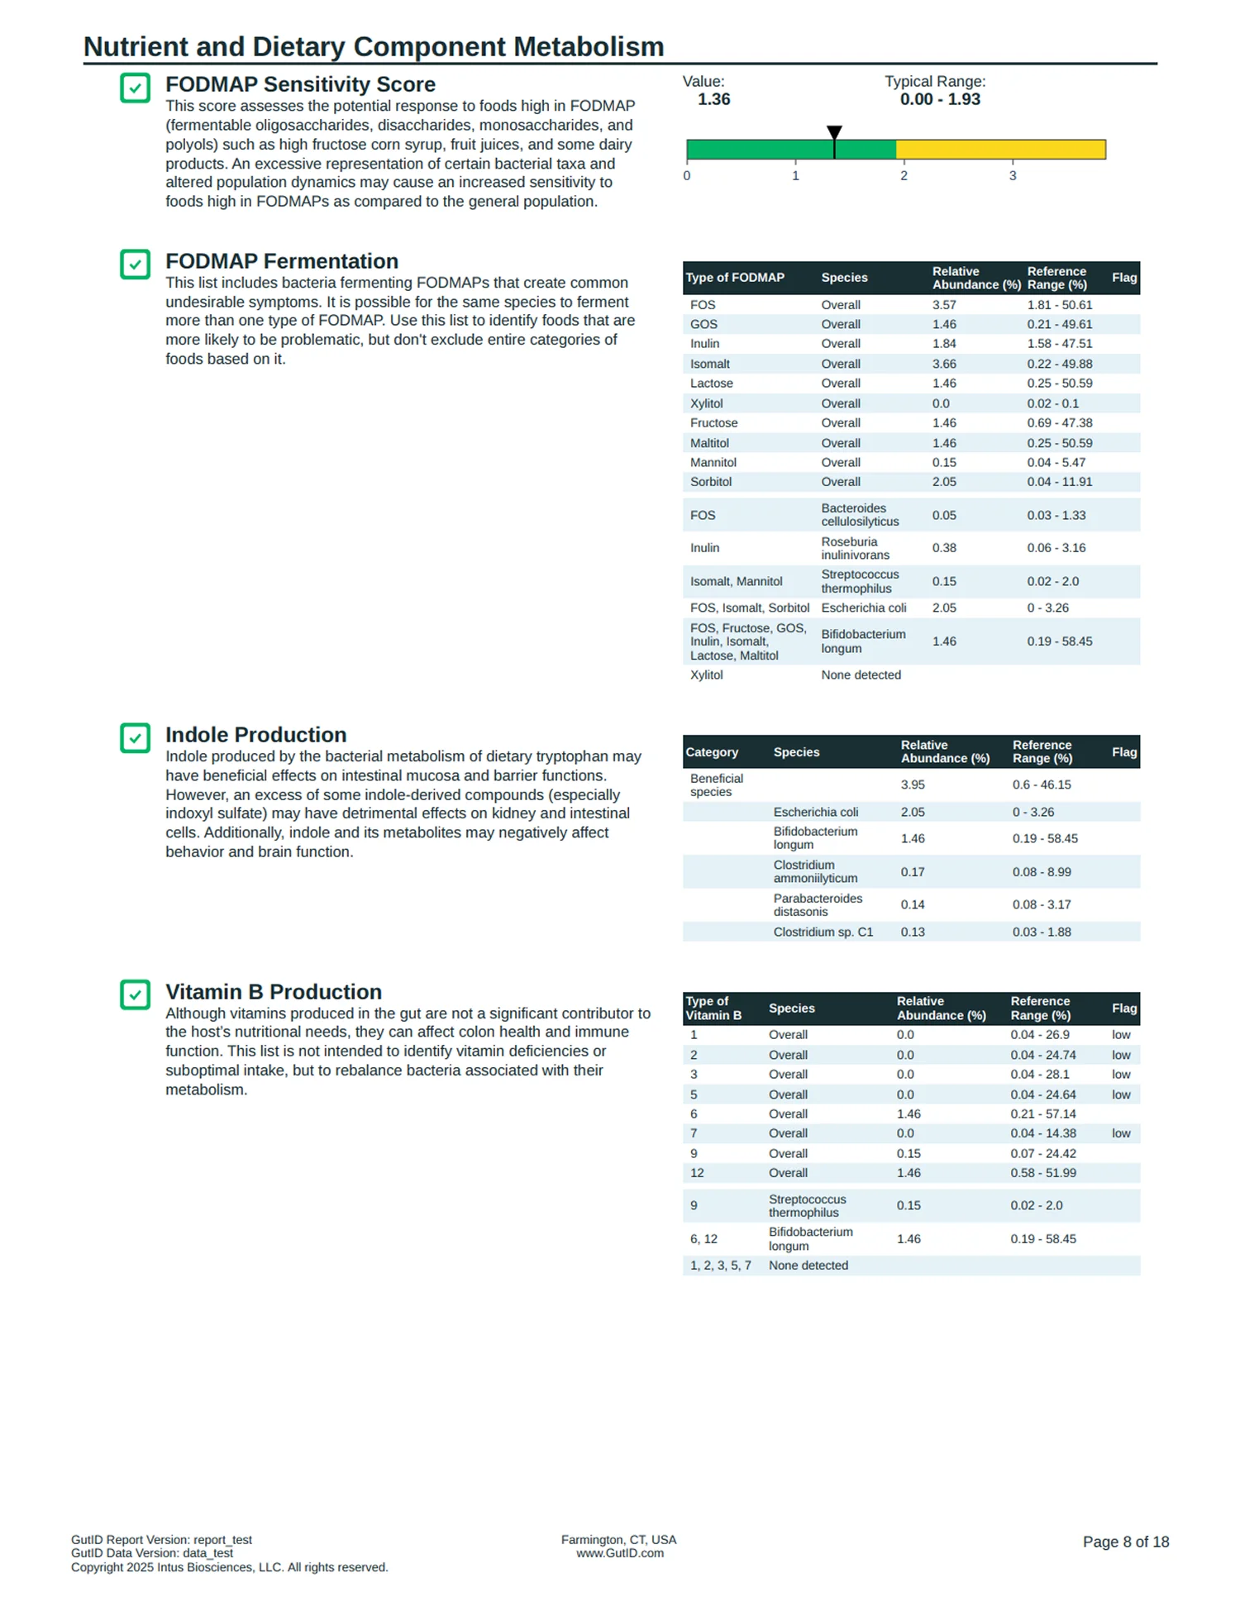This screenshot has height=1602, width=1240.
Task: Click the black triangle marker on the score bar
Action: (834, 132)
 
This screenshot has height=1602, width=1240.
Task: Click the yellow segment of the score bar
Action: (1000, 150)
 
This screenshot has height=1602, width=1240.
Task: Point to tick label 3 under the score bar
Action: (1013, 176)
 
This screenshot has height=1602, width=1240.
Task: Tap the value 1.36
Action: (713, 99)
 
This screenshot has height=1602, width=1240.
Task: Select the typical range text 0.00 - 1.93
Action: (940, 99)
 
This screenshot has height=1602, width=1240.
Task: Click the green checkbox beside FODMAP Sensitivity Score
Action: (136, 88)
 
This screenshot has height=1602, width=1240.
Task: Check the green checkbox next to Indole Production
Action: (136, 738)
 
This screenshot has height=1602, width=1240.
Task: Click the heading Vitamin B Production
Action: (273, 992)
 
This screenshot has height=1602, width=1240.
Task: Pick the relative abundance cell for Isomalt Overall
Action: (944, 364)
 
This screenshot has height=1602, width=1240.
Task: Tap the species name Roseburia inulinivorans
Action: (855, 548)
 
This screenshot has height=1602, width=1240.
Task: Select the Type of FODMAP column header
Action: (735, 278)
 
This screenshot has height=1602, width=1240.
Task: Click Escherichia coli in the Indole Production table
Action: (815, 812)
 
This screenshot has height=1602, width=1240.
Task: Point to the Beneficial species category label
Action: (716, 784)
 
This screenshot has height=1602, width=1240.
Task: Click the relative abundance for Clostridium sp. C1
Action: (913, 932)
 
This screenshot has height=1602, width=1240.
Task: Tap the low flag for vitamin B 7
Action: (1121, 1133)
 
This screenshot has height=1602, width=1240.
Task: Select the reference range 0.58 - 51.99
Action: (1043, 1173)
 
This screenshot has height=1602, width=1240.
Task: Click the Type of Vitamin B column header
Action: (713, 1008)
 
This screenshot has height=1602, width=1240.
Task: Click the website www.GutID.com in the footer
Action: (619, 1553)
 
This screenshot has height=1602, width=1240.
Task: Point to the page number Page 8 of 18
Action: (1125, 1542)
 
